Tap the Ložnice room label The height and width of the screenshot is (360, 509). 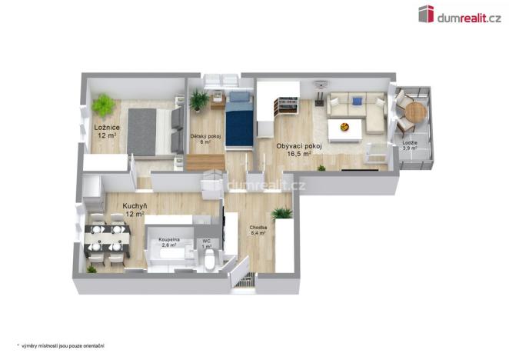(x=105, y=132)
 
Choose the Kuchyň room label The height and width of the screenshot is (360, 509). (x=135, y=210)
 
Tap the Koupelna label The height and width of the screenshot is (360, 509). (x=169, y=242)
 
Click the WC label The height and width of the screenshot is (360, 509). (x=207, y=243)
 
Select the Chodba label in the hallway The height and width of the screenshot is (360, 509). (x=258, y=230)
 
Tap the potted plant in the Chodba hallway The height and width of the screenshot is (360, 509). (x=281, y=213)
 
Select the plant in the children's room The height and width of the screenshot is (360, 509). (x=200, y=99)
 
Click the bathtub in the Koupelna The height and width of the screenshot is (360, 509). (x=169, y=254)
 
